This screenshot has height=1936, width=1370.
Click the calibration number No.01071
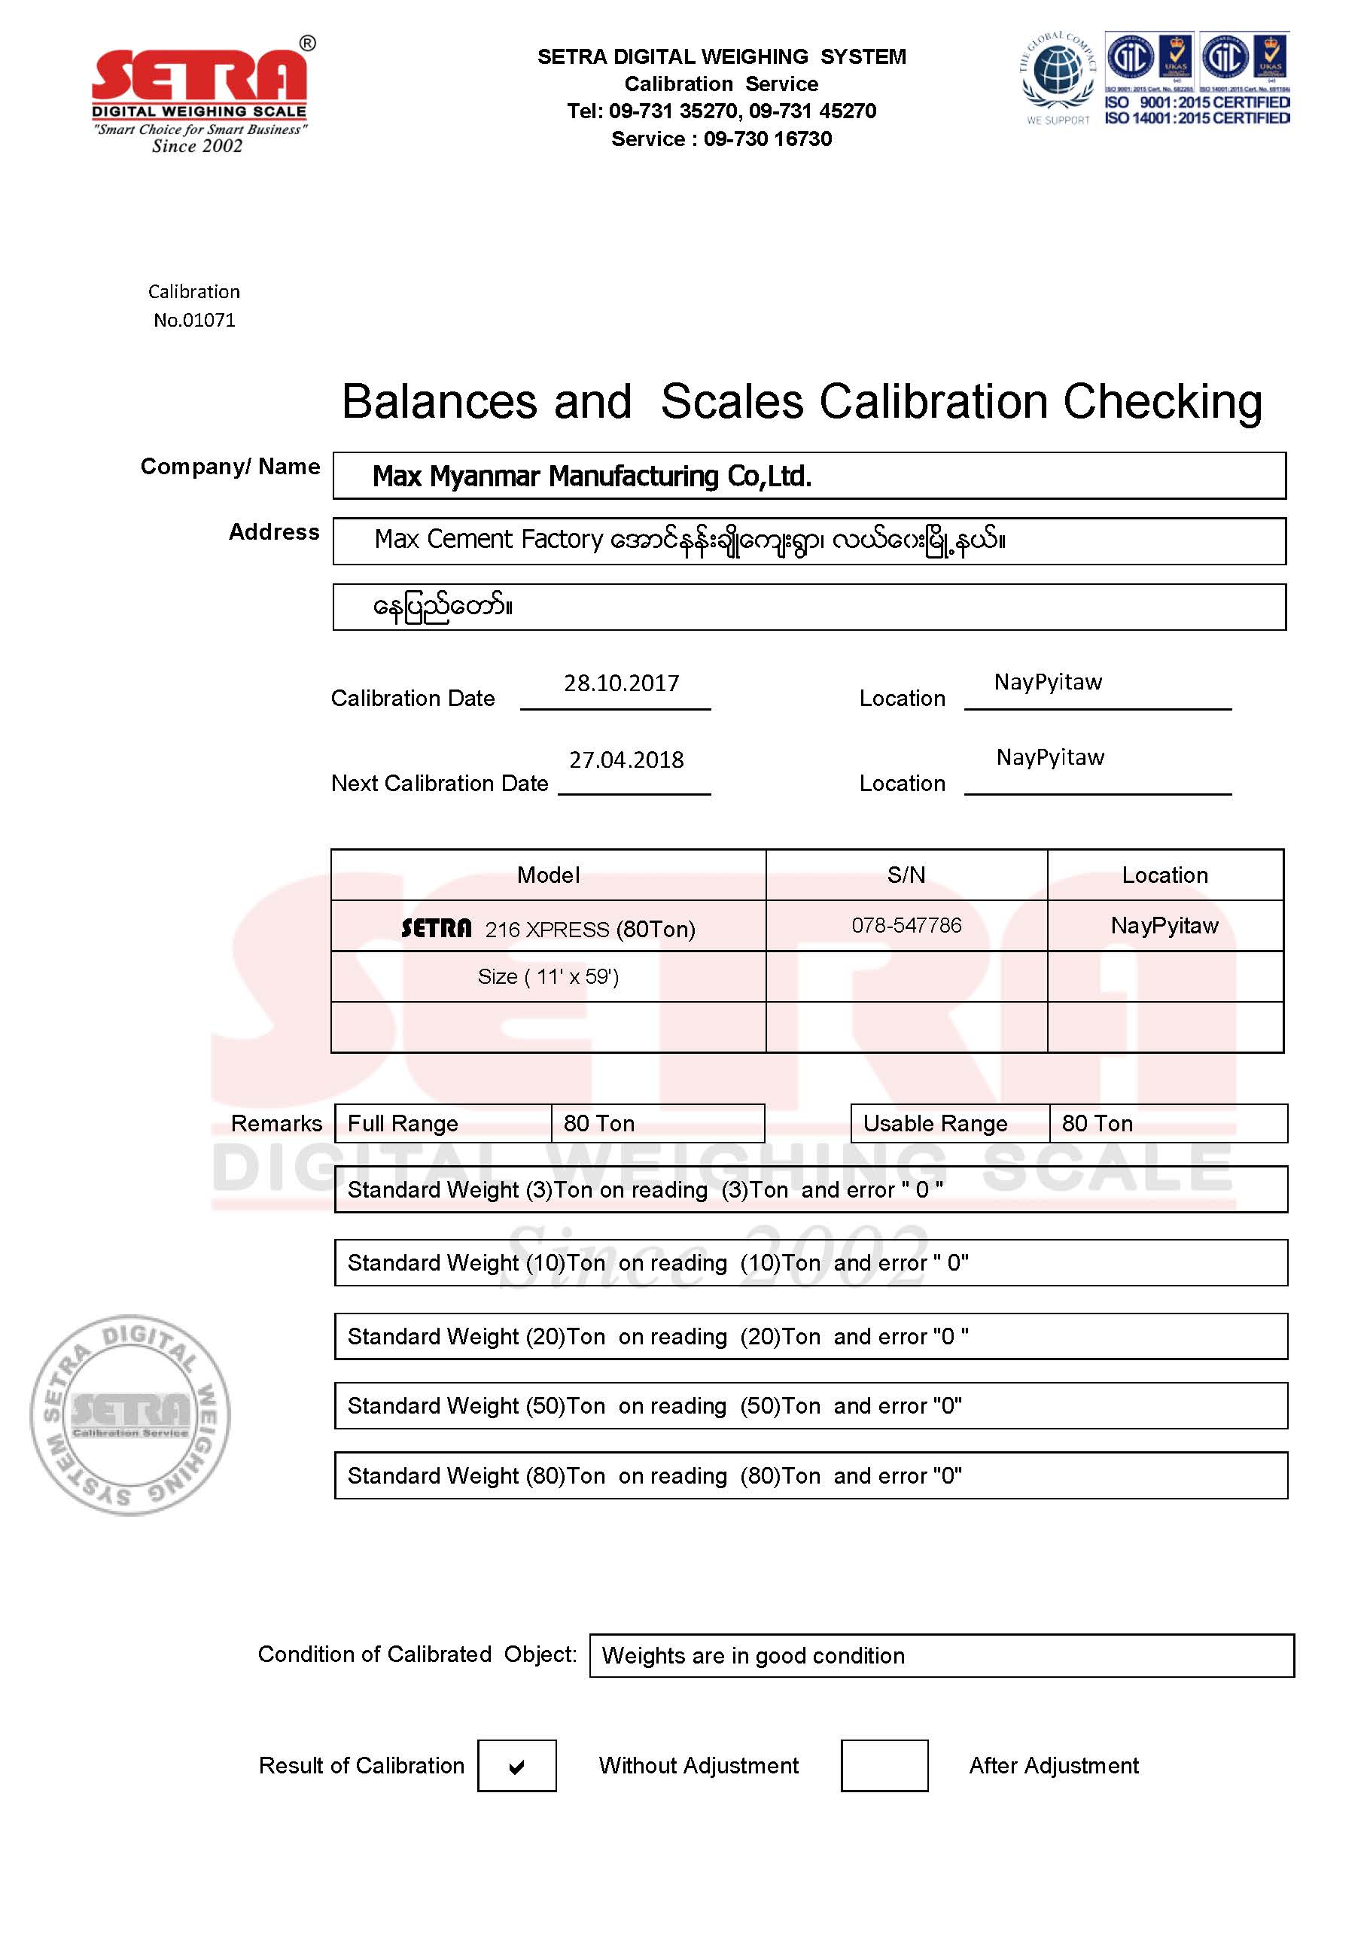click(x=194, y=321)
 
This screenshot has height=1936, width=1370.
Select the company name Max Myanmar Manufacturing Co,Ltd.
click(x=592, y=476)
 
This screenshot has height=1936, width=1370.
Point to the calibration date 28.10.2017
click(x=622, y=683)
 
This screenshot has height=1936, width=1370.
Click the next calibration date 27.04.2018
click(x=626, y=760)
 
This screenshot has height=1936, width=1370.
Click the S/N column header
click(x=906, y=875)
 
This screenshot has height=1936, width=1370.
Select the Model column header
click(x=548, y=875)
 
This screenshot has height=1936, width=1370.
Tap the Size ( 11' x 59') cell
click(x=548, y=977)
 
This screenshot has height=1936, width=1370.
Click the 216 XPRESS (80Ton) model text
click(x=589, y=929)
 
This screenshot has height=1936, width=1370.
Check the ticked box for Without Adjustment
click(x=516, y=1766)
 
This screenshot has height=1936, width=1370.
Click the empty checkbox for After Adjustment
click(x=884, y=1766)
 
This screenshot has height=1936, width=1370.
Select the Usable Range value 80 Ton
click(x=1097, y=1124)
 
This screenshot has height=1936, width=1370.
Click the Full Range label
click(x=403, y=1124)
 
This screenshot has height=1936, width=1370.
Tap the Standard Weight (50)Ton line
click(x=655, y=1405)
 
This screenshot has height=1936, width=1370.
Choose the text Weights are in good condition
click(x=753, y=1656)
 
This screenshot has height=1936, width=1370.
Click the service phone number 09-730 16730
click(x=768, y=139)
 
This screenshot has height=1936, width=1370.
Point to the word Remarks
click(x=276, y=1124)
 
